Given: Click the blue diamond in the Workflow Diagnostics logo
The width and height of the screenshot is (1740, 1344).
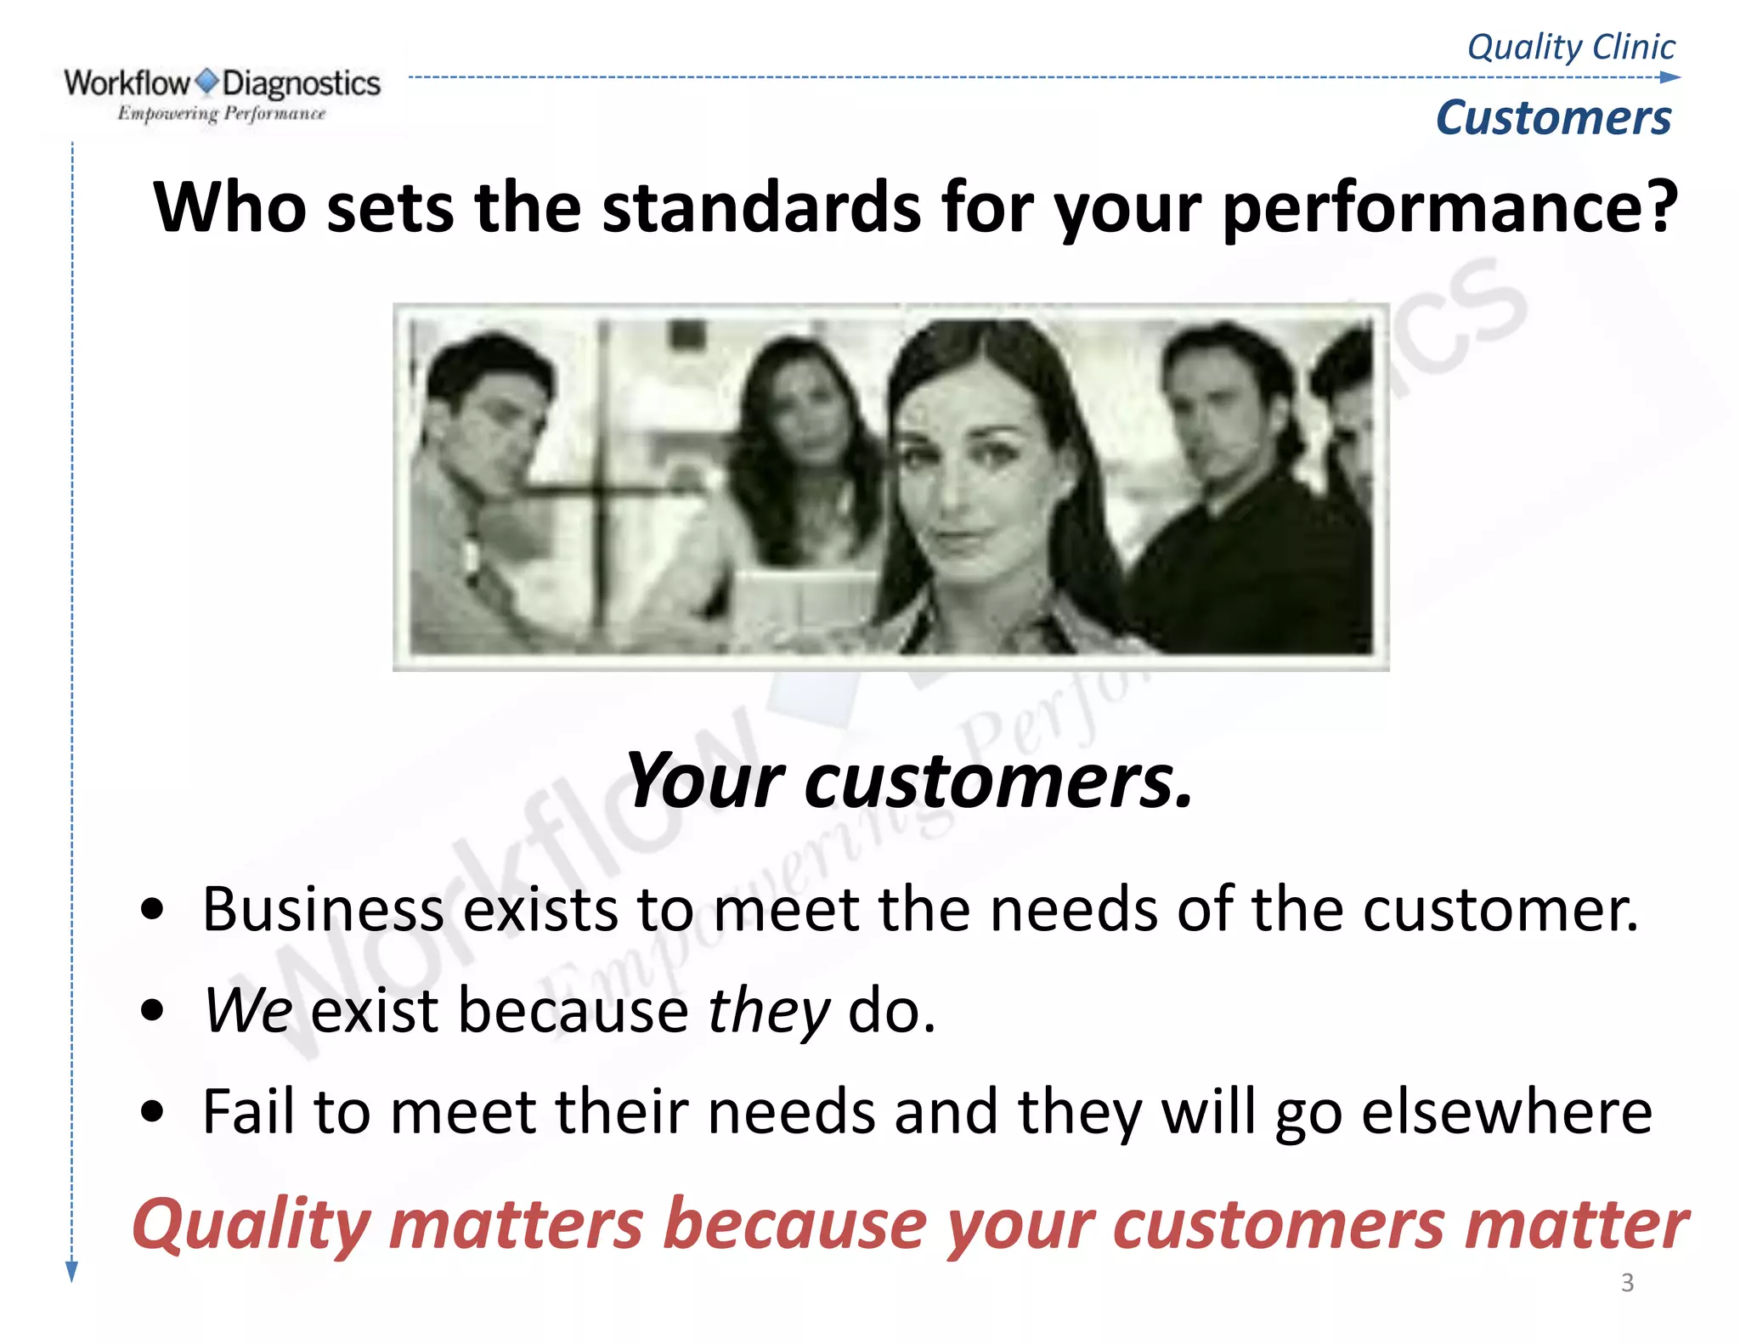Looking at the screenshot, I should [x=206, y=82].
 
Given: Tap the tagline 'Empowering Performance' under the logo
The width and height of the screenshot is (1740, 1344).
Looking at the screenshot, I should [x=221, y=113].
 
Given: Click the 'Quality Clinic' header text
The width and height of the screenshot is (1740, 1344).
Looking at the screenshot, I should [x=1571, y=47].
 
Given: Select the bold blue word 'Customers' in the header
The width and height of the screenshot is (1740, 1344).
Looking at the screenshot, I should [x=1553, y=117].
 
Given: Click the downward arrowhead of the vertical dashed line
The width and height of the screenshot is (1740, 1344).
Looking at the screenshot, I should [x=72, y=1271].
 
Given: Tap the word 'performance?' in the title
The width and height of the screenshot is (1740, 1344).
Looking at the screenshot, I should [x=1449, y=209].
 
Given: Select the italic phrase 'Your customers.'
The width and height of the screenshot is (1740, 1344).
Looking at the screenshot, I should [x=909, y=780].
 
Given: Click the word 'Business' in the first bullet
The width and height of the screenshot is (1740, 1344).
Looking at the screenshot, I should [x=323, y=910].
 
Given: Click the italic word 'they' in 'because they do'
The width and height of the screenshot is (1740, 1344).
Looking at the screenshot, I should [x=768, y=1011].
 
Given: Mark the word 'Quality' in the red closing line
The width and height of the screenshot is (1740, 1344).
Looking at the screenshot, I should [x=251, y=1225].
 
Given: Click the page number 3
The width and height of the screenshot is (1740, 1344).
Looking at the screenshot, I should [x=1627, y=1282].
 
